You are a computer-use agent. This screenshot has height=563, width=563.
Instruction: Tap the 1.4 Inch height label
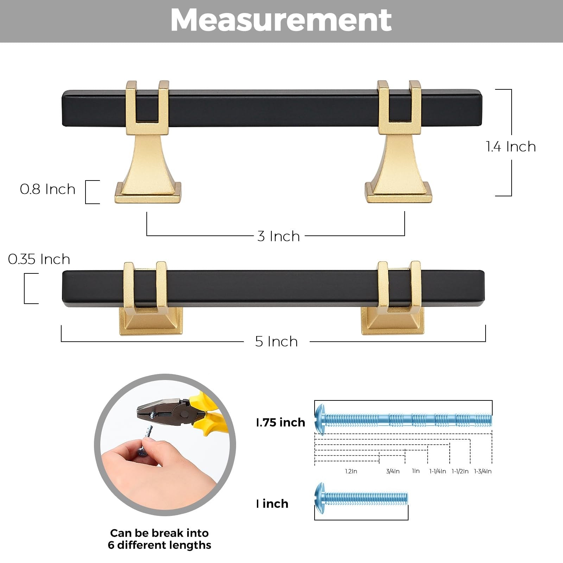[511, 146]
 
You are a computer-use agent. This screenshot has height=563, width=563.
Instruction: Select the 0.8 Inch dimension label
[48, 189]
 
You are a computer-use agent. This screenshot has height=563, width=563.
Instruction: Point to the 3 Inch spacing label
[279, 236]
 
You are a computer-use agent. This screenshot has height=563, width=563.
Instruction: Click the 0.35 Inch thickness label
[39, 259]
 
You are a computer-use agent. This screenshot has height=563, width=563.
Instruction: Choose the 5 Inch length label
[277, 341]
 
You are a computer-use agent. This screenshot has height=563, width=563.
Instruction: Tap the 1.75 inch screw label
[281, 422]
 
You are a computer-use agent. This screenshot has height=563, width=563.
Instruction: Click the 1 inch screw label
[272, 504]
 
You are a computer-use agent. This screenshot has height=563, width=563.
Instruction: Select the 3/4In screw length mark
[393, 471]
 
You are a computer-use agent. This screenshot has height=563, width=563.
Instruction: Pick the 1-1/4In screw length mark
[438, 471]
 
